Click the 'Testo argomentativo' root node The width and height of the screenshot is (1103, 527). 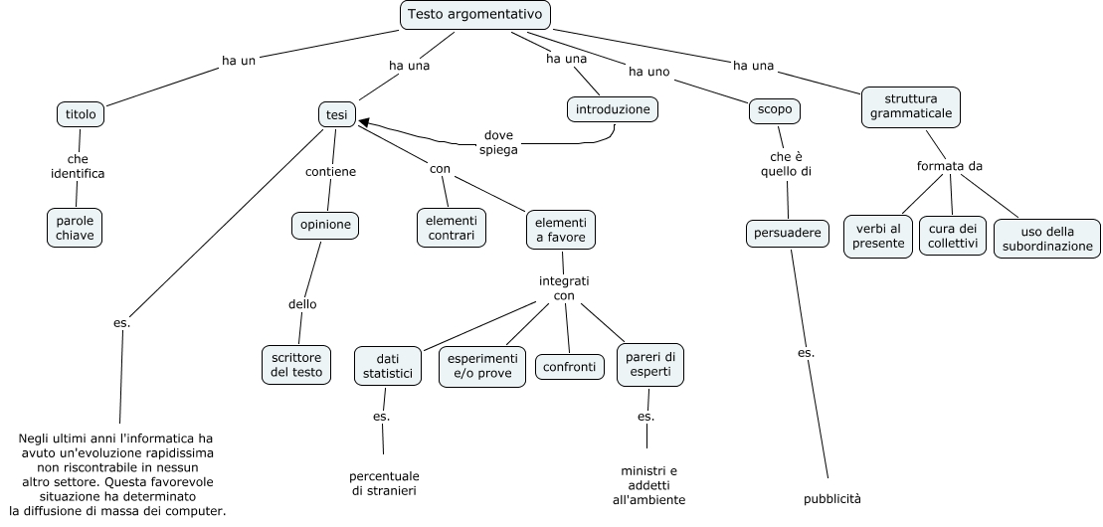[474, 15]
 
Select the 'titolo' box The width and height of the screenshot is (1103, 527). [81, 114]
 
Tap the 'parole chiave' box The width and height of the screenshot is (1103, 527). [75, 227]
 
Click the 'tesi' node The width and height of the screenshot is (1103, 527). [337, 115]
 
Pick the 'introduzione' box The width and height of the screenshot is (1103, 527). [613, 108]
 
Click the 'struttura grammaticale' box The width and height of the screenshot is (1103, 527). [911, 106]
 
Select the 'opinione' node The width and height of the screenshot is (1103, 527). [324, 225]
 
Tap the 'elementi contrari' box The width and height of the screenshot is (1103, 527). [451, 228]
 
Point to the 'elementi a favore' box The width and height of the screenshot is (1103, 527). [561, 230]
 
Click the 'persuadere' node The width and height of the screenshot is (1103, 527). [788, 233]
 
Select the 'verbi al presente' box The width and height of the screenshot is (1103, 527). [878, 236]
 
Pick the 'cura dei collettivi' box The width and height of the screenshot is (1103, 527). [953, 236]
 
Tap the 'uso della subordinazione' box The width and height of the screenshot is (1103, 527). [1046, 240]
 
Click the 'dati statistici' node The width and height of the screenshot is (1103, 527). [387, 365]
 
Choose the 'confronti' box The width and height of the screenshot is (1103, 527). [569, 367]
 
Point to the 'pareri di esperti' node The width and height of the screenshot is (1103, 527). [650, 364]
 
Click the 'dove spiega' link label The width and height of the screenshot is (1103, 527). [498, 142]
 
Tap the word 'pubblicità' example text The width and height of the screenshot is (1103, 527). [832, 498]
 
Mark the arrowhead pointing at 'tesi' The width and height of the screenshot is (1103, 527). [364, 122]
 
